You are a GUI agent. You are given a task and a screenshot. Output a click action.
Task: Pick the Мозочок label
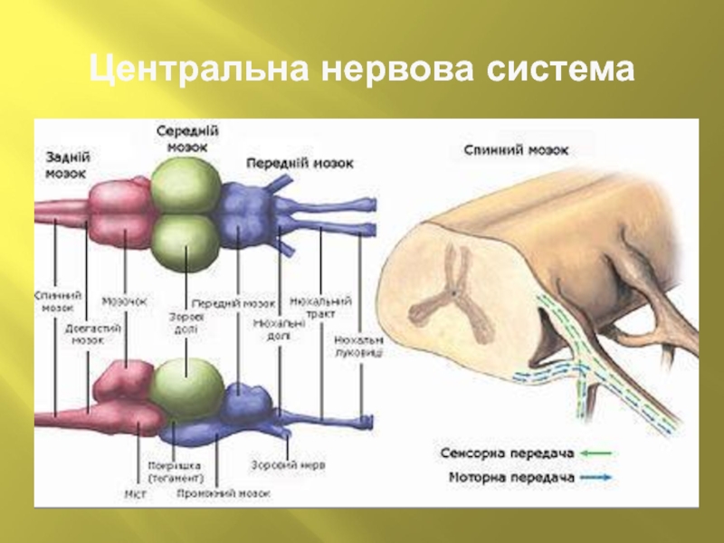(x=124, y=300)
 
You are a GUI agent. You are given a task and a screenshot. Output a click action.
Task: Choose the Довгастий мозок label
(x=93, y=335)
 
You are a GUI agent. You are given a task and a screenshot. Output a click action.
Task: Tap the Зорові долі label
(x=186, y=324)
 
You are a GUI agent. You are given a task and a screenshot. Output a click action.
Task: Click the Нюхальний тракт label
(x=322, y=306)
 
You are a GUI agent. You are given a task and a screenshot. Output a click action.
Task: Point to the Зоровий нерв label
(x=288, y=464)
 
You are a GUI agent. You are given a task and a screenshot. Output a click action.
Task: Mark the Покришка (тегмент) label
(x=176, y=472)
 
